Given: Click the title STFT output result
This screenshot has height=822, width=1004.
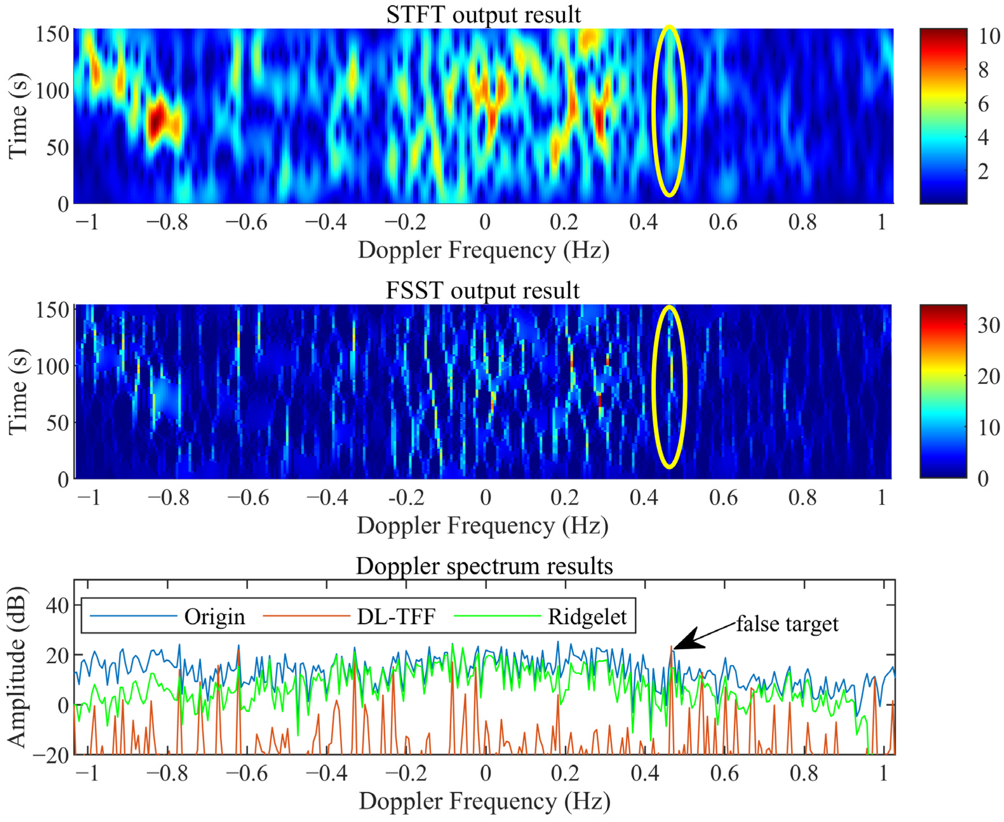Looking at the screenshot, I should point(483,14).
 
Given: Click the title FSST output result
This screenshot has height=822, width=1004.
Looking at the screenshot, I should point(482,290).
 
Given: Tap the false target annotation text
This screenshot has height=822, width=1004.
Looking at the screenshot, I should point(787,624).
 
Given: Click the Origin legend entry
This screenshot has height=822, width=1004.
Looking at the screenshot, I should point(214,617).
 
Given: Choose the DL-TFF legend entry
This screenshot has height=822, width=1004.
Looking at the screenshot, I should point(396,617).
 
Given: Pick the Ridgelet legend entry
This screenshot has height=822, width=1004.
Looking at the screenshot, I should point(587,617).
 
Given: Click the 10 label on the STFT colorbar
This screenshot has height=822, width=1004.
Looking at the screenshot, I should point(988,37).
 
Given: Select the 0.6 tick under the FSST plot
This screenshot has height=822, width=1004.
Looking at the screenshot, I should point(723,498).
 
